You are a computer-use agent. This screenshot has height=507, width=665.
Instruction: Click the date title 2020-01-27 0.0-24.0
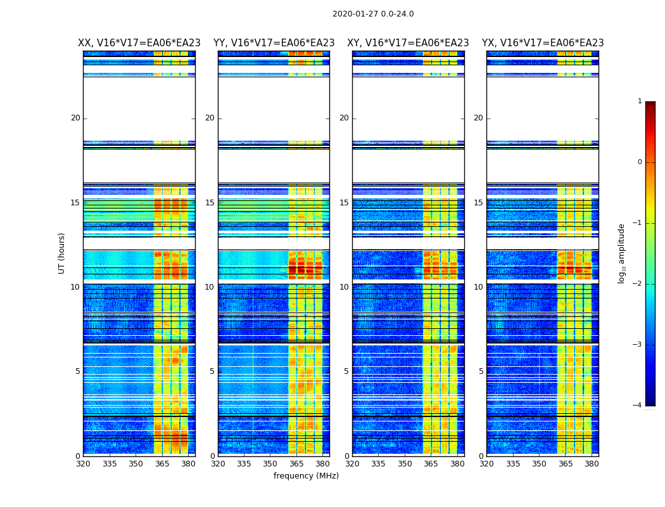373,14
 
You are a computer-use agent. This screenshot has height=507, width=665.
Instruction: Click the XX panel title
139,43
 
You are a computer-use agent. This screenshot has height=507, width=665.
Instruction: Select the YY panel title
274,43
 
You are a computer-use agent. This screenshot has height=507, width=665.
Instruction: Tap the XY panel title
408,43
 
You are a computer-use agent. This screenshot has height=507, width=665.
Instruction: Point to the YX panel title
543,43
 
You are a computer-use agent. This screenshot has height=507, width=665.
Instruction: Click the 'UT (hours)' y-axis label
62,253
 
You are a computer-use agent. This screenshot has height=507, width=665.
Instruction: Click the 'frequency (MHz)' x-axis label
306,476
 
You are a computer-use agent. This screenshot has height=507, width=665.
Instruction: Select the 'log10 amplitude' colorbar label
622,253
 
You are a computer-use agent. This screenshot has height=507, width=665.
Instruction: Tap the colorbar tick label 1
640,101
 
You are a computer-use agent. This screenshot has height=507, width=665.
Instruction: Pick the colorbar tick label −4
638,406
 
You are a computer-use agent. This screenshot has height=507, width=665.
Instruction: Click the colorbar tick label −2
638,284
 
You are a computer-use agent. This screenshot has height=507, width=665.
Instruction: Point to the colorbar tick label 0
640,162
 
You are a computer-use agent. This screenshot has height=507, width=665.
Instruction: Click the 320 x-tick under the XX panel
83,464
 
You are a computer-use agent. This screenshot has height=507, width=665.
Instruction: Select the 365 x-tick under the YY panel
296,464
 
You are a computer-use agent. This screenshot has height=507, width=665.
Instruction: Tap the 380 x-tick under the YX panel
592,464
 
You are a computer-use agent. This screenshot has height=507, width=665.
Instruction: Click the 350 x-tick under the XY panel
405,464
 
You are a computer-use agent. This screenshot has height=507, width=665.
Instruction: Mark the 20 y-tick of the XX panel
75,118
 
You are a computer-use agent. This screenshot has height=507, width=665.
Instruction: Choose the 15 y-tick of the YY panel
210,203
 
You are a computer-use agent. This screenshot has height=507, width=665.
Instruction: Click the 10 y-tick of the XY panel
344,287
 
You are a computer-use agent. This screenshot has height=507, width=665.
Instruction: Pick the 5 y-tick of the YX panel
481,371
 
